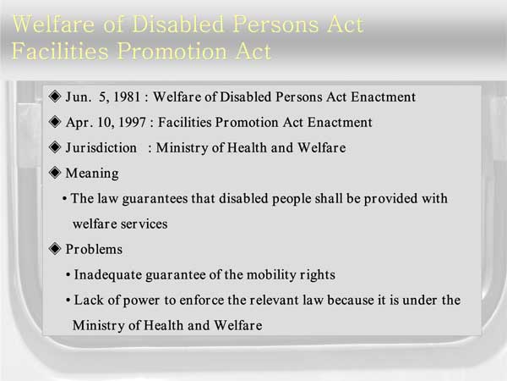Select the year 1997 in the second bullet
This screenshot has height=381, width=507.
[133, 122]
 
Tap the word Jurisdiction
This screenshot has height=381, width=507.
[101, 148]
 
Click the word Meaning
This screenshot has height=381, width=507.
[92, 174]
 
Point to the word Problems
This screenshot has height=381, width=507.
[94, 249]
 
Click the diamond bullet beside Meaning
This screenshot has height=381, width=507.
[55, 173]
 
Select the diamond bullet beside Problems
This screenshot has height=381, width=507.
[55, 249]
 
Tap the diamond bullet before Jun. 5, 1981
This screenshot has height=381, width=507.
[55, 97]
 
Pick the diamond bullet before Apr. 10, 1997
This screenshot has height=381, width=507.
[55, 122]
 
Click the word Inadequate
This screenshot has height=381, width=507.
[107, 275]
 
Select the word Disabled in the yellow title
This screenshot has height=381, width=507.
[178, 24]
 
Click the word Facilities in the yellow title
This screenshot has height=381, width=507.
[60, 51]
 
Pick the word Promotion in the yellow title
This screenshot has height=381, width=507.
[172, 51]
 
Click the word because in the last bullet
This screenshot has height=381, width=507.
[351, 300]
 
